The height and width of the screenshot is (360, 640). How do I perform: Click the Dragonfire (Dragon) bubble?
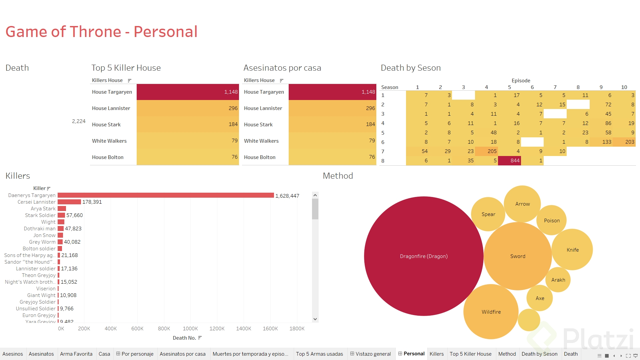[423, 256]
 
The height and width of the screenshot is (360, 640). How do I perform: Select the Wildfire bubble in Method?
[491, 312]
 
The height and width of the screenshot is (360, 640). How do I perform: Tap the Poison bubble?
[552, 220]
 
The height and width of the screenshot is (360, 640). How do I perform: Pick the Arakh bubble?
[558, 280]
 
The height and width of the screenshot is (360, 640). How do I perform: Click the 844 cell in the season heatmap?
[509, 161]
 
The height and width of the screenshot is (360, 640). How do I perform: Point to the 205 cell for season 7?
[486, 151]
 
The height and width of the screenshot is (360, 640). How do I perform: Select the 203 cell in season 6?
[624, 142]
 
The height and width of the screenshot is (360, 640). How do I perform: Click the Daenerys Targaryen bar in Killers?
[166, 195]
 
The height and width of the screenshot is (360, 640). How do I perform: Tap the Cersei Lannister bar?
[69, 202]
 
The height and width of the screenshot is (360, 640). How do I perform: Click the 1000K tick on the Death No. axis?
[190, 329]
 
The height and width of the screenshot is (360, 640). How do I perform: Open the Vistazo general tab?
[371, 354]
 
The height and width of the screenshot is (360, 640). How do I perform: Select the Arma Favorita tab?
[76, 354]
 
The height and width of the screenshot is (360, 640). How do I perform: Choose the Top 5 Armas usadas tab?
[319, 354]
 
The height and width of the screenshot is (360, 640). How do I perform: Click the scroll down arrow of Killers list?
[315, 319]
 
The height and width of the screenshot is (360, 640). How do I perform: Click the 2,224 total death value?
[79, 121]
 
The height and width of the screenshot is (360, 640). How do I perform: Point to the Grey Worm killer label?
[42, 242]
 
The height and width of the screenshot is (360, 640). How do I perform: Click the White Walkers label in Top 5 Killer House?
[109, 141]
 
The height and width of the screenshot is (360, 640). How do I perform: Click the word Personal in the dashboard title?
[165, 32]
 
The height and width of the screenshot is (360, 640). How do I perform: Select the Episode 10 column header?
[624, 87]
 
